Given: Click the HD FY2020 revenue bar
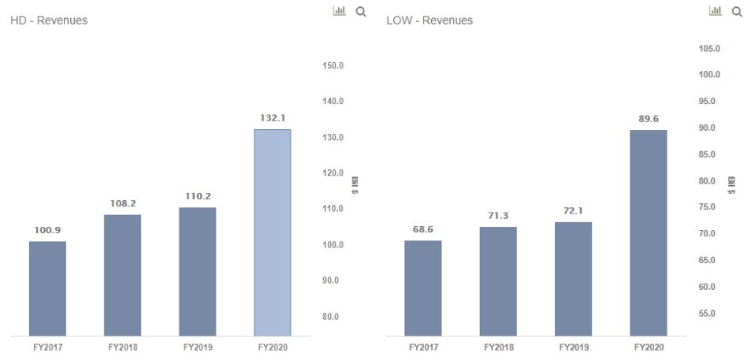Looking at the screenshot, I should [x=272, y=232].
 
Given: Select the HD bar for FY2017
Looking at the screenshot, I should [x=47, y=288].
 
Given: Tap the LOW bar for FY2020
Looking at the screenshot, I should [x=648, y=232].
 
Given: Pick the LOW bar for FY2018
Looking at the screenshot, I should [x=498, y=280].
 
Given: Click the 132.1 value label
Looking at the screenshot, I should [x=272, y=117].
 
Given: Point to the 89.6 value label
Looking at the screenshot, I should [x=648, y=119].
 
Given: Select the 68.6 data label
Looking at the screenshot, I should [x=423, y=229].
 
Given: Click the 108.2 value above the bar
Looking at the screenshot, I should [x=122, y=203].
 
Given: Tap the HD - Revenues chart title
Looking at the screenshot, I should [x=48, y=20].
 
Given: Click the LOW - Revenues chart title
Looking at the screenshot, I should [x=430, y=20].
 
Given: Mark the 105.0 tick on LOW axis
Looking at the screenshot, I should [x=710, y=49].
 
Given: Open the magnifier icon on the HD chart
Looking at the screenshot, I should [x=361, y=12].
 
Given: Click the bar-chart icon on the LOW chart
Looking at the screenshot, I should [x=716, y=11].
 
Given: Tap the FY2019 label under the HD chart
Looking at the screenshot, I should [x=197, y=347].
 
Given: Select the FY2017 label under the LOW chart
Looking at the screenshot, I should [x=423, y=347].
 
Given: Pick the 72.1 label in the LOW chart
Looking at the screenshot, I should [x=573, y=211].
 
